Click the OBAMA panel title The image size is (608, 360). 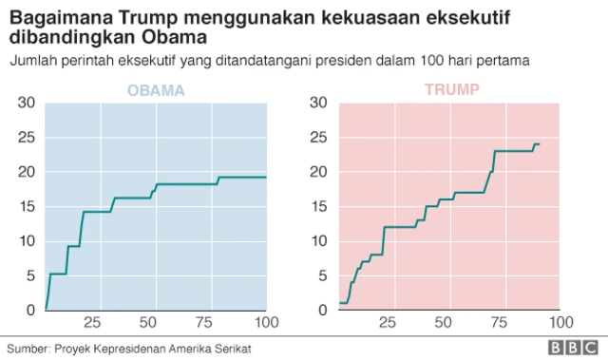(x=157, y=90)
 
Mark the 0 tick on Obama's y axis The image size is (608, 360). (x=31, y=310)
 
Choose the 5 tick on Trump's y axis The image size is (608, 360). (x=324, y=275)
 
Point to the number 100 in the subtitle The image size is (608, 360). (x=444, y=61)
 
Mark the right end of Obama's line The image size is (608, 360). (x=266, y=178)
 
